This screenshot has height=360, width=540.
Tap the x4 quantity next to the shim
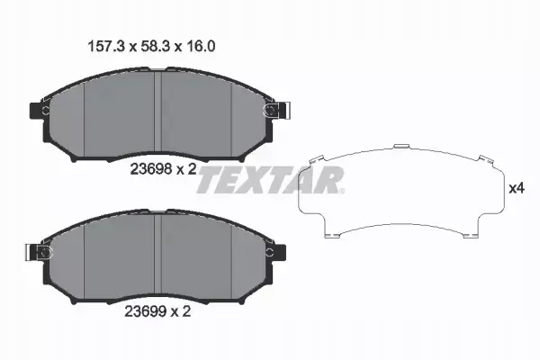[517, 189]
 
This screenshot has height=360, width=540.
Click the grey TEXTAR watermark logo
[270, 180]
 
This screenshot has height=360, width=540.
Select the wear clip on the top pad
[270, 111]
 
